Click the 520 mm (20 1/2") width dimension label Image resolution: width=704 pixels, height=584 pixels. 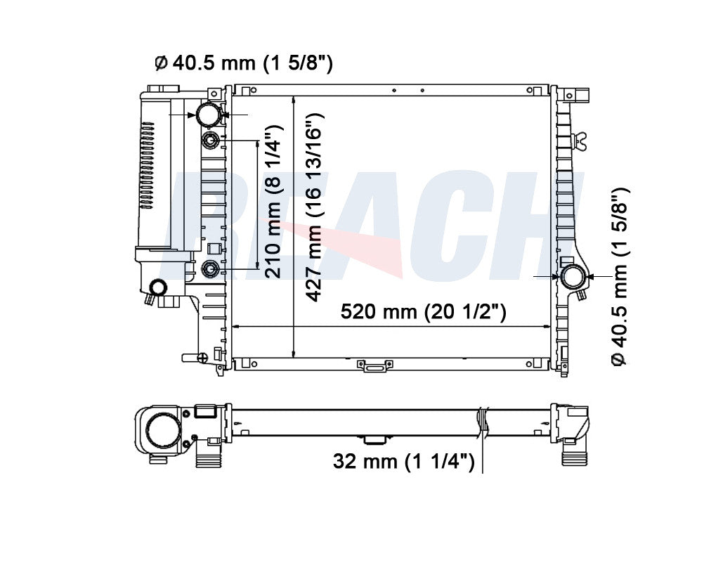424,311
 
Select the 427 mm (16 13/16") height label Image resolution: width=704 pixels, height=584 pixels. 314,207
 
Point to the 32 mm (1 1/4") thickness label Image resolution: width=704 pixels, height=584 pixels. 403,461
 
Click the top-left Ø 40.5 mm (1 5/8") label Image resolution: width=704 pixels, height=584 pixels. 244,63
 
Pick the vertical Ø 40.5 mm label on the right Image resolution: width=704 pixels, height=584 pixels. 620,278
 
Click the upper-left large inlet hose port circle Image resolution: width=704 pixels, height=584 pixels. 209,114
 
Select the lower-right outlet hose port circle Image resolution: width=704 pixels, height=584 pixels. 574,277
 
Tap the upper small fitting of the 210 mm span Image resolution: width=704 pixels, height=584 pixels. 211,141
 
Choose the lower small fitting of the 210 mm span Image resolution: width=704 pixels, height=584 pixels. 211,268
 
